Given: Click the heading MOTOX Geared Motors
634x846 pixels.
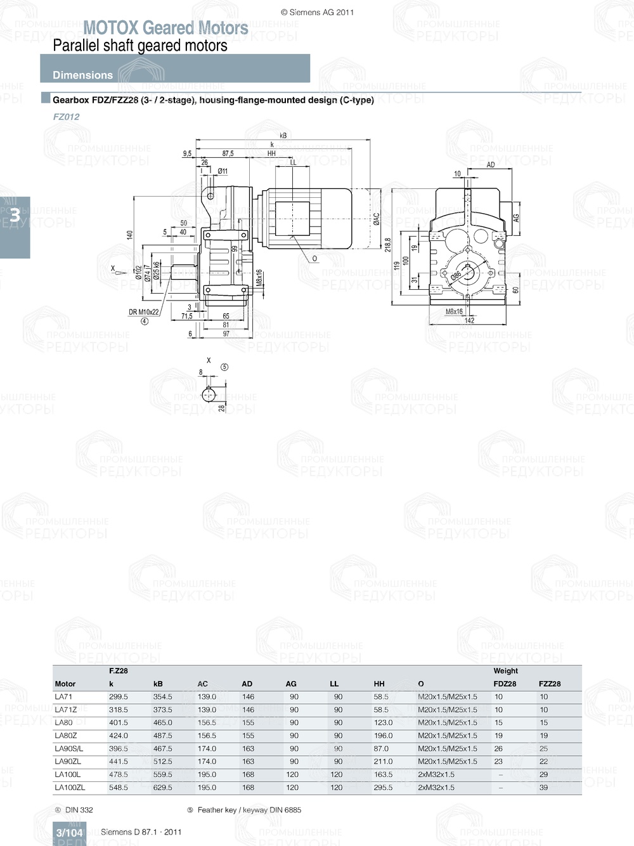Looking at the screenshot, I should coord(165,28).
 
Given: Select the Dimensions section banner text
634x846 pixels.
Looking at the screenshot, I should coord(82,75).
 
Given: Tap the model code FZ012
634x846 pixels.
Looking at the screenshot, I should coord(66,117).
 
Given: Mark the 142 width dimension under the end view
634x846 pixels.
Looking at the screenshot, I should coord(469,320).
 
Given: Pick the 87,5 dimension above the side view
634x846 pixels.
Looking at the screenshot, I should coord(228,153).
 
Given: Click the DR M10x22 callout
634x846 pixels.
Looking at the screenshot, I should coord(144,312).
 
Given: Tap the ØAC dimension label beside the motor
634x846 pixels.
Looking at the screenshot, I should coord(376,219).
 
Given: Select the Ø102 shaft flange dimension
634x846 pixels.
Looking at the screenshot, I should coord(138,273).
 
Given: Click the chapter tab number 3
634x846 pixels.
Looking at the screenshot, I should coord(14,216).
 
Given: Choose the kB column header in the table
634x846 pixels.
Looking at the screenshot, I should coord(158,684).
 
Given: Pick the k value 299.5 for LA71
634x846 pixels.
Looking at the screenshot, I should coord(119,696).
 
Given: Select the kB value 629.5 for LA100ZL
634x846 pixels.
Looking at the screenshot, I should coord(162,787).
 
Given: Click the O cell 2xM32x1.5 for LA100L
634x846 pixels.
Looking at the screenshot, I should coord(436,774).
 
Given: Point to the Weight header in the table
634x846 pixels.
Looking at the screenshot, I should coord(505,670).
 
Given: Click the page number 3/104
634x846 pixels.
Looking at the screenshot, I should coord(69,833).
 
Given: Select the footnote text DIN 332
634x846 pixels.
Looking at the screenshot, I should coord(79,810).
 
